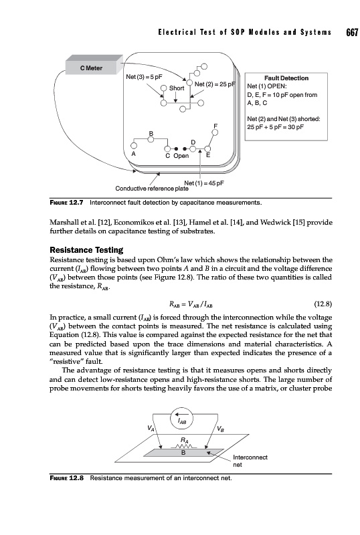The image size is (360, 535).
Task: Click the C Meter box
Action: [x=94, y=65]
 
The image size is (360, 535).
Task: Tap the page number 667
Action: [x=352, y=32]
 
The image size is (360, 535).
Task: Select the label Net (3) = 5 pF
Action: [x=144, y=77]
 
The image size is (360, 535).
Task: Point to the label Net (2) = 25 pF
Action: [x=215, y=84]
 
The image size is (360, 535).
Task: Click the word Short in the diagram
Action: [x=177, y=88]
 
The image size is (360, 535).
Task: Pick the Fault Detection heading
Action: [x=286, y=78]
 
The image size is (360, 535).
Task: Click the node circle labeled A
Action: [x=134, y=146]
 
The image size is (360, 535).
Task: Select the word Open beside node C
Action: [x=181, y=156]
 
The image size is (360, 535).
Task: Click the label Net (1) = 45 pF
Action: [x=204, y=183]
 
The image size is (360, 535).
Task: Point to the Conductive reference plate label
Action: [x=152, y=189]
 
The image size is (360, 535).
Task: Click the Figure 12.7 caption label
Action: [x=67, y=203]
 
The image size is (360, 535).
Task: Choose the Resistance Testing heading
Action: [x=86, y=250]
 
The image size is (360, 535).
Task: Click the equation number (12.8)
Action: [x=323, y=304]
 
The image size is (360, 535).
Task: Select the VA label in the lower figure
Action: [x=151, y=428]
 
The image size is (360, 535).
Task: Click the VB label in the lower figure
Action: [x=221, y=429]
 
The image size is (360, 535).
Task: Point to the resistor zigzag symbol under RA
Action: [x=184, y=447]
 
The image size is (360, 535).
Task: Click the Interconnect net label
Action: [x=250, y=461]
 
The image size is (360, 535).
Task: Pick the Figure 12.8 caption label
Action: [x=67, y=478]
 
